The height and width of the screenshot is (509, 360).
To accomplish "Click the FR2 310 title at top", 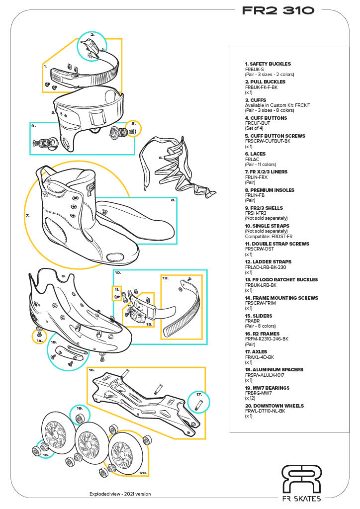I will click(278, 10).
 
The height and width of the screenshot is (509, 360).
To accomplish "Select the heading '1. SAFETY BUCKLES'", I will click(268, 64).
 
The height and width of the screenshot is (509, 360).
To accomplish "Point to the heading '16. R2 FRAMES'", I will click(262, 334).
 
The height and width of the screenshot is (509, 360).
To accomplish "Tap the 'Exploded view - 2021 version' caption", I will click(120, 494).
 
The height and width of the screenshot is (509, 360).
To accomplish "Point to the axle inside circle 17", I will click(198, 404).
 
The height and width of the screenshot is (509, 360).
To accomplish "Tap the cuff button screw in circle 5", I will click(134, 131).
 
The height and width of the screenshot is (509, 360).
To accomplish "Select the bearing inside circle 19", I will click(80, 415).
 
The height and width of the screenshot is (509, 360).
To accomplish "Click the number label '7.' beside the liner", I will click(27, 216).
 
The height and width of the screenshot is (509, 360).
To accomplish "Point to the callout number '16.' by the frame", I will click(92, 370).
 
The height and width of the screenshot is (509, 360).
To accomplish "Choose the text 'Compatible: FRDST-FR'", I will click(269, 236).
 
